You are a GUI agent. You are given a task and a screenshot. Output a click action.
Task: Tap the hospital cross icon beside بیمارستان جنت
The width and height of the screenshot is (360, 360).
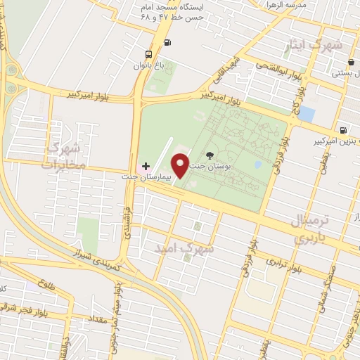coord(146,165)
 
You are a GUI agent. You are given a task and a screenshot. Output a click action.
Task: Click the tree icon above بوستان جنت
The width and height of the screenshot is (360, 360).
coord(209,154)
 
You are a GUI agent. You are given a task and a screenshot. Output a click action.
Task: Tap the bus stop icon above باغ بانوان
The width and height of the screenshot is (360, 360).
coord(148,54)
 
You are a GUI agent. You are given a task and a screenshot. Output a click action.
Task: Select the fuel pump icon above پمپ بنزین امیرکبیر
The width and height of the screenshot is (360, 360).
coord(342,129)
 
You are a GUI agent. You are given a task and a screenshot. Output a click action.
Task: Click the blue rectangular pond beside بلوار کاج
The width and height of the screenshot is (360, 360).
coord(307,113)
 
